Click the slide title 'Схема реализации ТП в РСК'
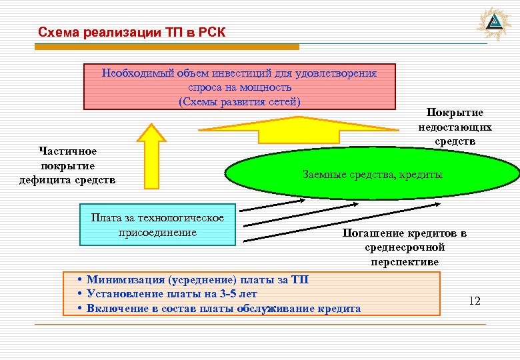[132, 33]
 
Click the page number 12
[474, 301]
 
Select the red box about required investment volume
[239, 87]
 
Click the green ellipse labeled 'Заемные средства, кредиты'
[372, 175]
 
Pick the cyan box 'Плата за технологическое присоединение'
[157, 225]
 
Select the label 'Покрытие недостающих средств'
[455, 127]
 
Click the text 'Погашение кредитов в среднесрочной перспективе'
[405, 247]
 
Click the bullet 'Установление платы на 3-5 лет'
[171, 294]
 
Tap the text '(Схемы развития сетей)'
[239, 101]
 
